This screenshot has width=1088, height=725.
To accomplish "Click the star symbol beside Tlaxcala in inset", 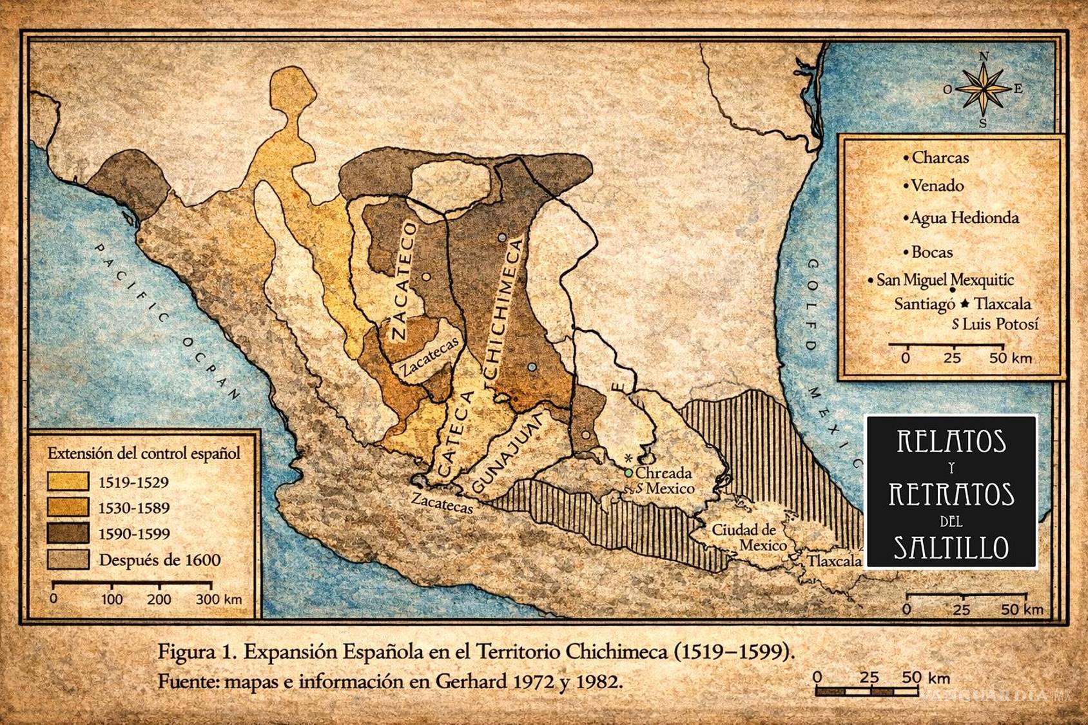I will (x=965, y=304).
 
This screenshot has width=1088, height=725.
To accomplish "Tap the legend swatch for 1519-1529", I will (x=68, y=481).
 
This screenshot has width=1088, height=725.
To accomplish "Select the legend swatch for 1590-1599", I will (x=68, y=533).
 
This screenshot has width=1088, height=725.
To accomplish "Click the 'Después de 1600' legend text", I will (x=159, y=559).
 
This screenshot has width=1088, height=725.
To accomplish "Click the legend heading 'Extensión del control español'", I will (x=143, y=453).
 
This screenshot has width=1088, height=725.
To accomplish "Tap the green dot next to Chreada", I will (x=628, y=473).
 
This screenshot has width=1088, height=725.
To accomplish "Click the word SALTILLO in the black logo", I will (x=951, y=547).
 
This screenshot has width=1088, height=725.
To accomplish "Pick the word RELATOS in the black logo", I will (x=951, y=442).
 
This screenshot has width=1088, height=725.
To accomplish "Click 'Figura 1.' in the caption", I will (x=196, y=652).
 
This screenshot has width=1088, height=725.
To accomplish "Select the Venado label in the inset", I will (x=937, y=186).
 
